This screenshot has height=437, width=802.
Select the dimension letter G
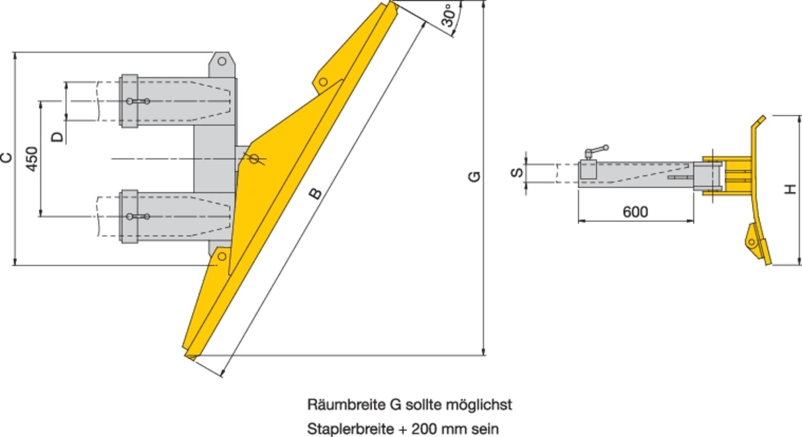pos(474,176)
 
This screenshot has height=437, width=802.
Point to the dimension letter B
pos(315,193)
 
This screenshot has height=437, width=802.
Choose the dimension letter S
pos(517,172)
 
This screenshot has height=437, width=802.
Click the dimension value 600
pos(635,212)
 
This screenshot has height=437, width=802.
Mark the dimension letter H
pos(791,189)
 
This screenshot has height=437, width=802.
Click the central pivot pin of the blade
pos(254,159)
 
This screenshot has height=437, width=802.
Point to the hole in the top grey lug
pos(222,61)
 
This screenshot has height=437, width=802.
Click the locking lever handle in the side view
pos(598,150)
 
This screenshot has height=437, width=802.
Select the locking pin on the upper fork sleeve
pos(138,102)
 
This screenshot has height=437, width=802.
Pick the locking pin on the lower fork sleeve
pos(138,217)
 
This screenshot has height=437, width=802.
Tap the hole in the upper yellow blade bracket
pos(323,82)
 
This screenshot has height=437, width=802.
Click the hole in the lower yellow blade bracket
pos(222,257)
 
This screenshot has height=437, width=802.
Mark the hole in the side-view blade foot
pos(751,242)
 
